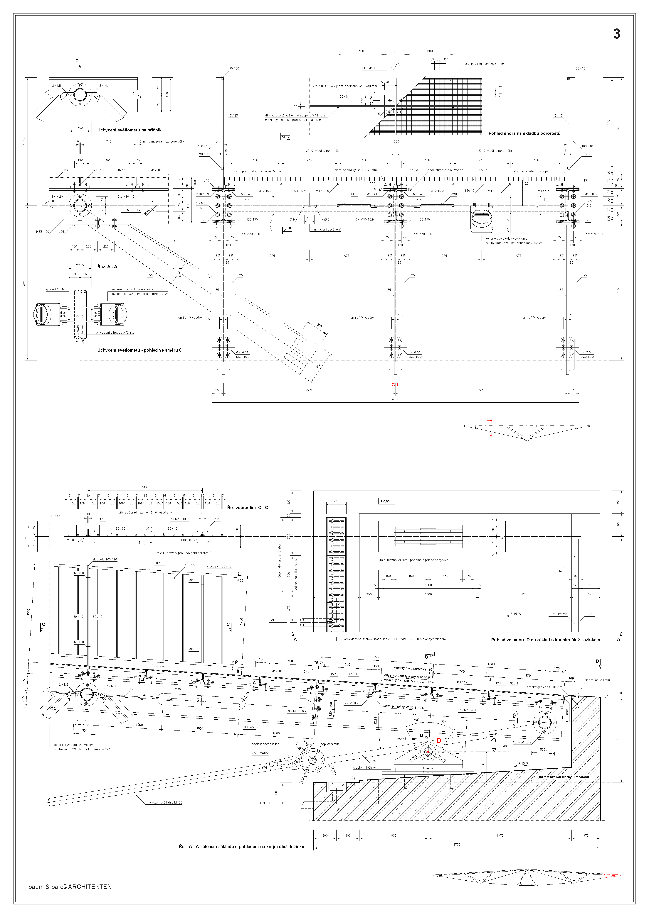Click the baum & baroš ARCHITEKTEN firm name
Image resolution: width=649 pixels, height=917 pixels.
(x=70, y=887)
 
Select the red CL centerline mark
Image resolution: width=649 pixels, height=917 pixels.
(x=395, y=385)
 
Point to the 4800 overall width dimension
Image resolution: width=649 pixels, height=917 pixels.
(x=395, y=399)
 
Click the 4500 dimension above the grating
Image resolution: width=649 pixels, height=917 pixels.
(x=395, y=141)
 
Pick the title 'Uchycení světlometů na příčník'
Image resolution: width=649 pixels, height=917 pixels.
(x=129, y=130)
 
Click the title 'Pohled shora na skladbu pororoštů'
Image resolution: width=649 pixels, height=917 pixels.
(x=524, y=133)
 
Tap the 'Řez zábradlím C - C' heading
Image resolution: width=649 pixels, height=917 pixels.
(x=247, y=508)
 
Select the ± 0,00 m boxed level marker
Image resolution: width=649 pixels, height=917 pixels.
(x=387, y=501)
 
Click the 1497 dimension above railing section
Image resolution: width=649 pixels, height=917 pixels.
(x=145, y=487)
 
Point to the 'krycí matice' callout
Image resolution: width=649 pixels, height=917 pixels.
(x=260, y=753)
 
